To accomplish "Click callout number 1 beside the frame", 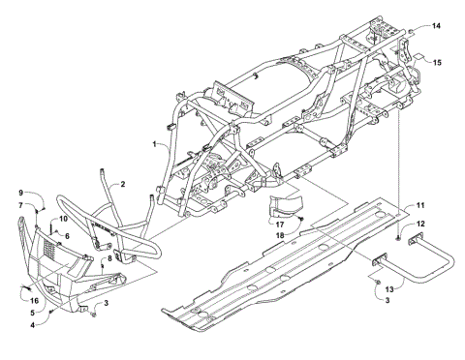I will pos(154,143).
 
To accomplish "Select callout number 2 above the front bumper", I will pos(123,184).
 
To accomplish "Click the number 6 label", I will pos(67,235).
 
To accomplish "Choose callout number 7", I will pos(19,205).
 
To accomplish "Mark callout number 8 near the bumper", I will pos(108,258).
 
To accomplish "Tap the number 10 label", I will pos(61,220).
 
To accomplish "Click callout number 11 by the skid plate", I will pos(420,205).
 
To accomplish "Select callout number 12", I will pos(420,225).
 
